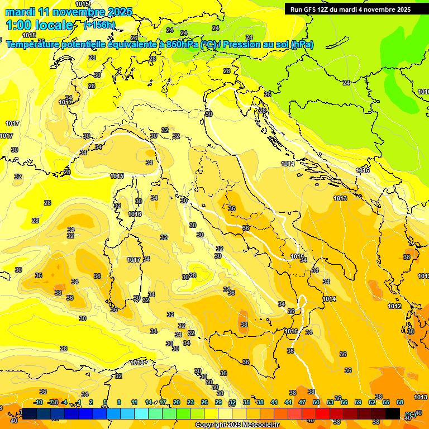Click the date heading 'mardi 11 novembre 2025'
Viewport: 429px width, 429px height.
[x=69, y=12]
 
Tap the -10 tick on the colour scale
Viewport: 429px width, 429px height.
[x=38, y=402]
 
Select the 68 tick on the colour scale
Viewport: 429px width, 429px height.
[x=400, y=402]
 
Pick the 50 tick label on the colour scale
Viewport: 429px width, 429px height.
[x=316, y=402]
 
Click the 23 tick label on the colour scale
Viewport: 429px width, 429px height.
[x=190, y=402]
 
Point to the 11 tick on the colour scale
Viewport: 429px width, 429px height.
[x=134, y=402]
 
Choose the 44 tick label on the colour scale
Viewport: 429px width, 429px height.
[x=288, y=402]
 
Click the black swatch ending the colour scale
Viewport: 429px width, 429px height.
[x=393, y=413]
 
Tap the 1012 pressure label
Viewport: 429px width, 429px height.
[x=394, y=307]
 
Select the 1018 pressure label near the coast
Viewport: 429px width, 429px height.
[x=137, y=363]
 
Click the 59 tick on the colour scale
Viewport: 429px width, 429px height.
[x=358, y=402]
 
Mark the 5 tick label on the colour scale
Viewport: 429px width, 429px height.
[x=105, y=402]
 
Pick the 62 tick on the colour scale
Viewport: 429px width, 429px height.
[x=372, y=402]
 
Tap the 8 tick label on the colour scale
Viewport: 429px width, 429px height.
[x=119, y=402]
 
